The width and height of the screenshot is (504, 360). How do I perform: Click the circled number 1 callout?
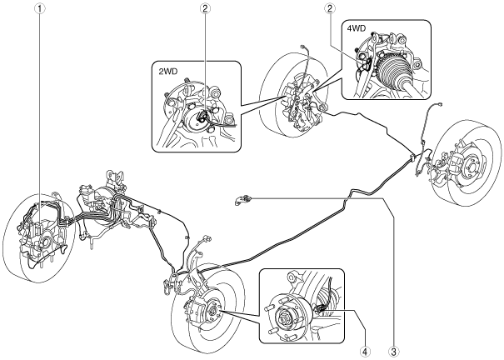[40, 8]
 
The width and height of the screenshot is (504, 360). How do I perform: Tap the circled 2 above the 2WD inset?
[205, 8]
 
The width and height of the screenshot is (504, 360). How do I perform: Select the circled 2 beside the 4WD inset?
[329, 8]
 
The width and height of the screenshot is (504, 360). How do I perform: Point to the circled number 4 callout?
[364, 351]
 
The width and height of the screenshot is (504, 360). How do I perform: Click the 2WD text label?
[167, 72]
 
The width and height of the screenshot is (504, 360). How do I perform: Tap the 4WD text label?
[357, 28]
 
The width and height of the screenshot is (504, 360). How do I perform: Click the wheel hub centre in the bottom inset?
[284, 319]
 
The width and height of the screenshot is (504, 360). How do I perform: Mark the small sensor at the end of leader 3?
[242, 200]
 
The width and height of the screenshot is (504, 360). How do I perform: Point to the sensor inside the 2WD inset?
[202, 117]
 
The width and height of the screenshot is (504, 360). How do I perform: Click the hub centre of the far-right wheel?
[470, 167]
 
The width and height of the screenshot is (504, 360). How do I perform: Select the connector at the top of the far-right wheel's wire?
[438, 105]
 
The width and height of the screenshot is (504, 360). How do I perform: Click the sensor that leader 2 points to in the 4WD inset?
[367, 62]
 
